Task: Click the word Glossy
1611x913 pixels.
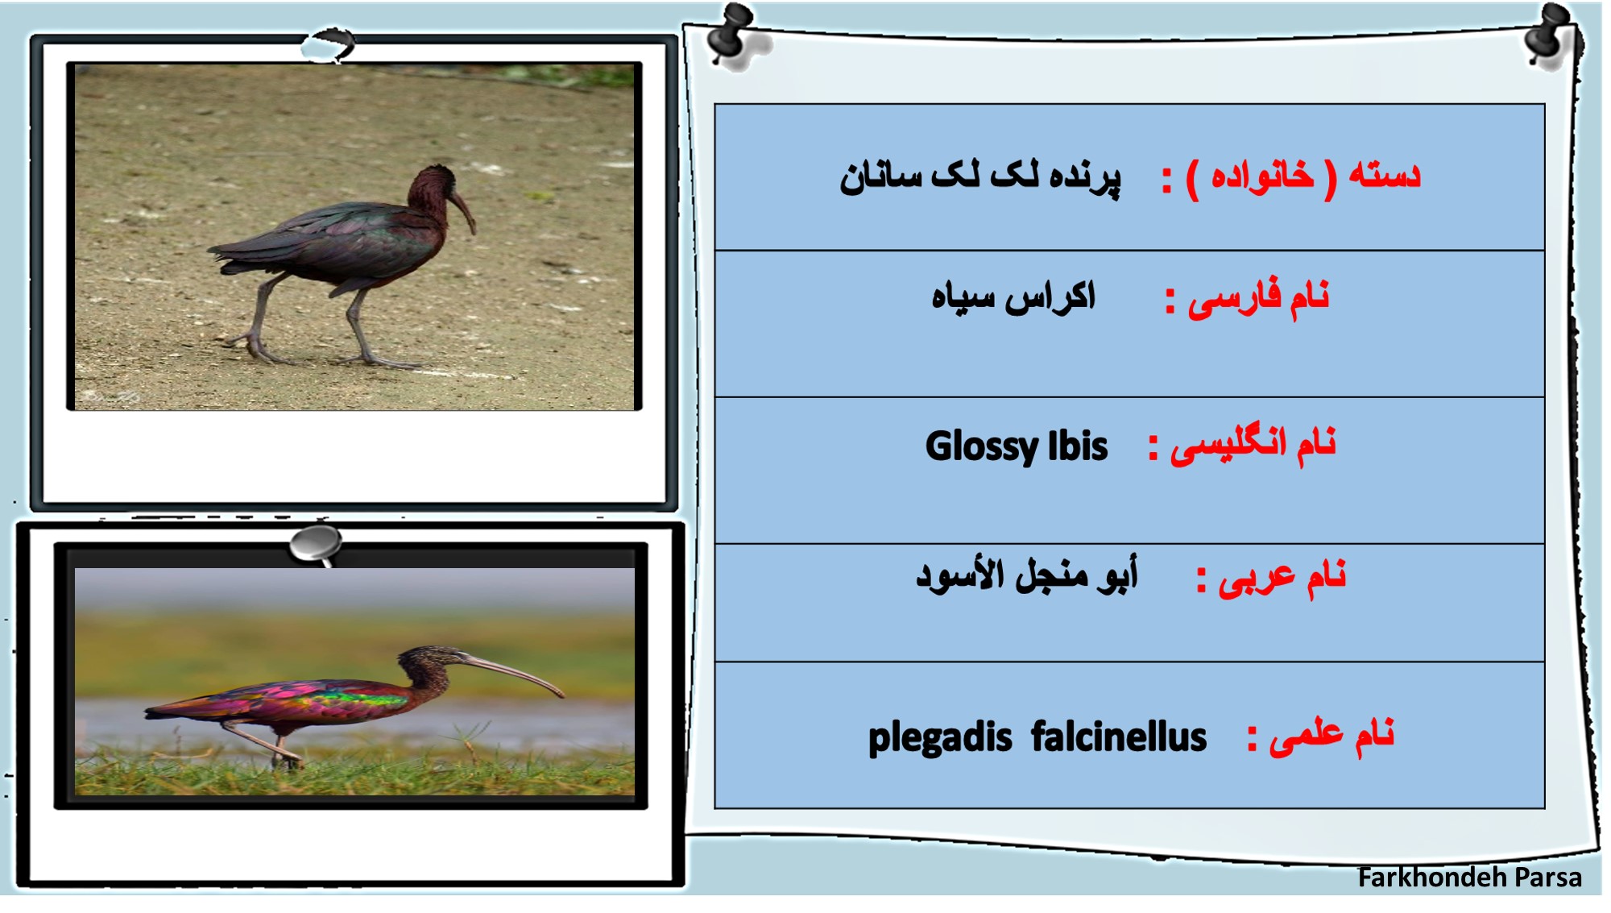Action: [x=982, y=447]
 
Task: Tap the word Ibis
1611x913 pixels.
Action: [x=1078, y=446]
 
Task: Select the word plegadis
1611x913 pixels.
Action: [x=940, y=738]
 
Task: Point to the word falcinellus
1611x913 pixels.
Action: [x=1119, y=737]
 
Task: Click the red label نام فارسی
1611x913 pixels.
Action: [x=1258, y=298]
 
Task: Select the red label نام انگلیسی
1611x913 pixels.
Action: [x=1253, y=445]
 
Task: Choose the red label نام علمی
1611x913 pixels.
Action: [x=1332, y=736]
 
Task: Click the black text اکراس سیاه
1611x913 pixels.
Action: [x=1013, y=297]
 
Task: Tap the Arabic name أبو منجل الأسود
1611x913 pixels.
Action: [x=1027, y=575]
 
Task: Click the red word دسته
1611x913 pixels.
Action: [x=1385, y=175]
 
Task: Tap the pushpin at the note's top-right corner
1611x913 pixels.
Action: [x=1551, y=34]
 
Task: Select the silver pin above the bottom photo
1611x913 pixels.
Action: [x=316, y=544]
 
